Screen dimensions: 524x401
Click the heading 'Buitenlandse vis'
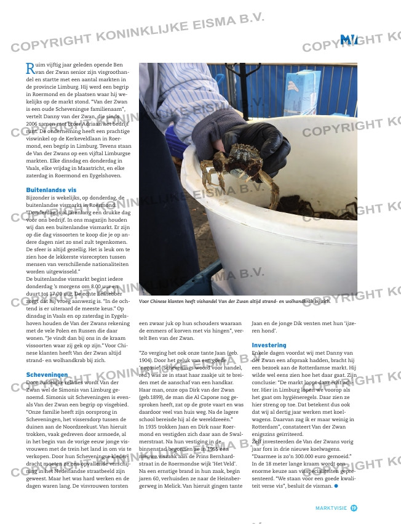[52, 190]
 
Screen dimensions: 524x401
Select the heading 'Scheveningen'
[47, 374]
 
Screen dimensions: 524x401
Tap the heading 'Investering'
[268, 345]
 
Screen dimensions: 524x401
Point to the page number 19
[354, 507]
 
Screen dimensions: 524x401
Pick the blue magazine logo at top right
[349, 40]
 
